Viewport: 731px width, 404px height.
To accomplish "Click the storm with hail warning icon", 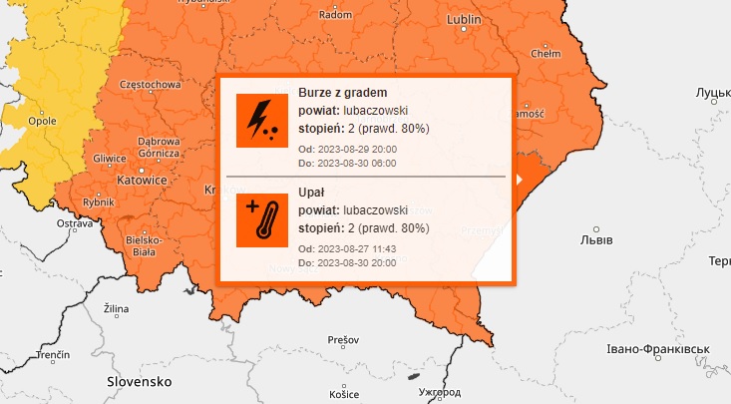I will (x=262, y=120).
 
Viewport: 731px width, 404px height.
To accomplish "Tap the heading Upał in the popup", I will (x=312, y=192).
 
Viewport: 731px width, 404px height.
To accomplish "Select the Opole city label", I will (x=43, y=121).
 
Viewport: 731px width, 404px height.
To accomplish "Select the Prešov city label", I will (x=342, y=340).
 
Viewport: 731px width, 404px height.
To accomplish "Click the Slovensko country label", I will (x=140, y=382).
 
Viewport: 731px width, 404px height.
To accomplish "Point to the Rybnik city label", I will (x=98, y=202).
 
